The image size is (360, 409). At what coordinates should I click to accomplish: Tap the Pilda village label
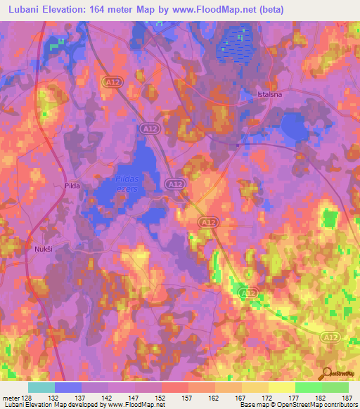pos(73,186)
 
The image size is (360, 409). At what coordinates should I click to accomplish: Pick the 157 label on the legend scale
pos(174,397)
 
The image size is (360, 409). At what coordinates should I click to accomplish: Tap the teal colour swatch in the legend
pos(41,387)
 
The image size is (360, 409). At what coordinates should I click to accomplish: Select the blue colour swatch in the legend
pos(67,387)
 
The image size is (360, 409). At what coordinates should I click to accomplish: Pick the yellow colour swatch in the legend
pos(281,387)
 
